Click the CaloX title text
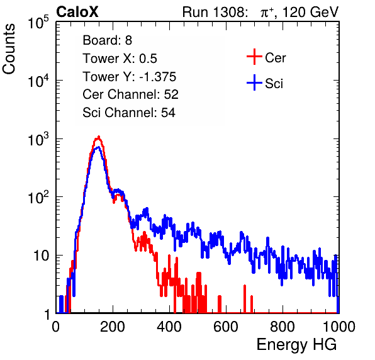[x=77, y=12]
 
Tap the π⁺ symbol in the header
[x=267, y=13]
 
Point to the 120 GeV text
[x=310, y=12]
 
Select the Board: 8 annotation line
[x=107, y=40]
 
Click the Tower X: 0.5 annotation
[x=120, y=59]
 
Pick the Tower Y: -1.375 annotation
[x=130, y=77]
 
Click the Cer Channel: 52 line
[x=131, y=94]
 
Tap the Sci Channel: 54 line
[x=129, y=113]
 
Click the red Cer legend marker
[x=254, y=57]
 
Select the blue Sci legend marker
[x=254, y=82]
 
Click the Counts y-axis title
[x=9, y=49]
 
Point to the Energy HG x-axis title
[x=296, y=345]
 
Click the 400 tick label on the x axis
[x=169, y=327]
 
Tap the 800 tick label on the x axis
[x=283, y=327]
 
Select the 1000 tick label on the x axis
[x=339, y=327]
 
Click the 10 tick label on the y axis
[x=42, y=256]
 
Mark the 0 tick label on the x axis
[x=56, y=327]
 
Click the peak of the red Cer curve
[x=98, y=137]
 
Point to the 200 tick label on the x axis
[x=113, y=327]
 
